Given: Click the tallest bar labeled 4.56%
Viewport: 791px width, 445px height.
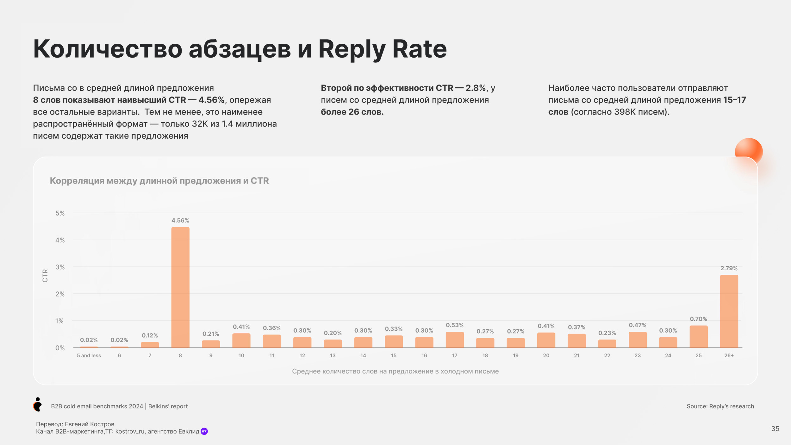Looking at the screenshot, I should coord(180,287).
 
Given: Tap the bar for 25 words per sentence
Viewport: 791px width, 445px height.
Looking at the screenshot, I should coord(699,336).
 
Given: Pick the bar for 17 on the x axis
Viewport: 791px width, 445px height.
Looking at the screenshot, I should coord(455,340).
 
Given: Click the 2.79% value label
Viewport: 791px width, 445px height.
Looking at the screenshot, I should coord(729,268).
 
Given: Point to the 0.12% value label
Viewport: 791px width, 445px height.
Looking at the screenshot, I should coord(150,335).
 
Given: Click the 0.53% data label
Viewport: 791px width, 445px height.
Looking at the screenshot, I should coord(455,325).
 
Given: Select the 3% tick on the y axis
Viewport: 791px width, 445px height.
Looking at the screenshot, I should coord(60,267).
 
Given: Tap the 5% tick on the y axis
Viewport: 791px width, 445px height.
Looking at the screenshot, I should coord(60,213).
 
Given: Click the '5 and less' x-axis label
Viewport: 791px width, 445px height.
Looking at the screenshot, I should coord(89,355).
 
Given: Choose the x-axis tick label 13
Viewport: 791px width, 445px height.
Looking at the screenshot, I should coord(333,355).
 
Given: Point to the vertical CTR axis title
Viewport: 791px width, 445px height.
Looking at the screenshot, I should coord(45,276).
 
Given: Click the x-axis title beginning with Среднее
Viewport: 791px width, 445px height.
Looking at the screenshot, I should coord(395,371).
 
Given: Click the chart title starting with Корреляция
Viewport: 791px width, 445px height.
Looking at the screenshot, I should coord(159,181).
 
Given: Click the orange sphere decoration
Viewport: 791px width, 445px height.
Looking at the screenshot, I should coord(749,151).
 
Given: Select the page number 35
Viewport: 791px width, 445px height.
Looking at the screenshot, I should coord(775,429).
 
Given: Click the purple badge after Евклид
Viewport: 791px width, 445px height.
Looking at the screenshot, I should coord(204,431).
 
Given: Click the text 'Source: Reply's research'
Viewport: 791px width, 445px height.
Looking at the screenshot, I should coord(720,406).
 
